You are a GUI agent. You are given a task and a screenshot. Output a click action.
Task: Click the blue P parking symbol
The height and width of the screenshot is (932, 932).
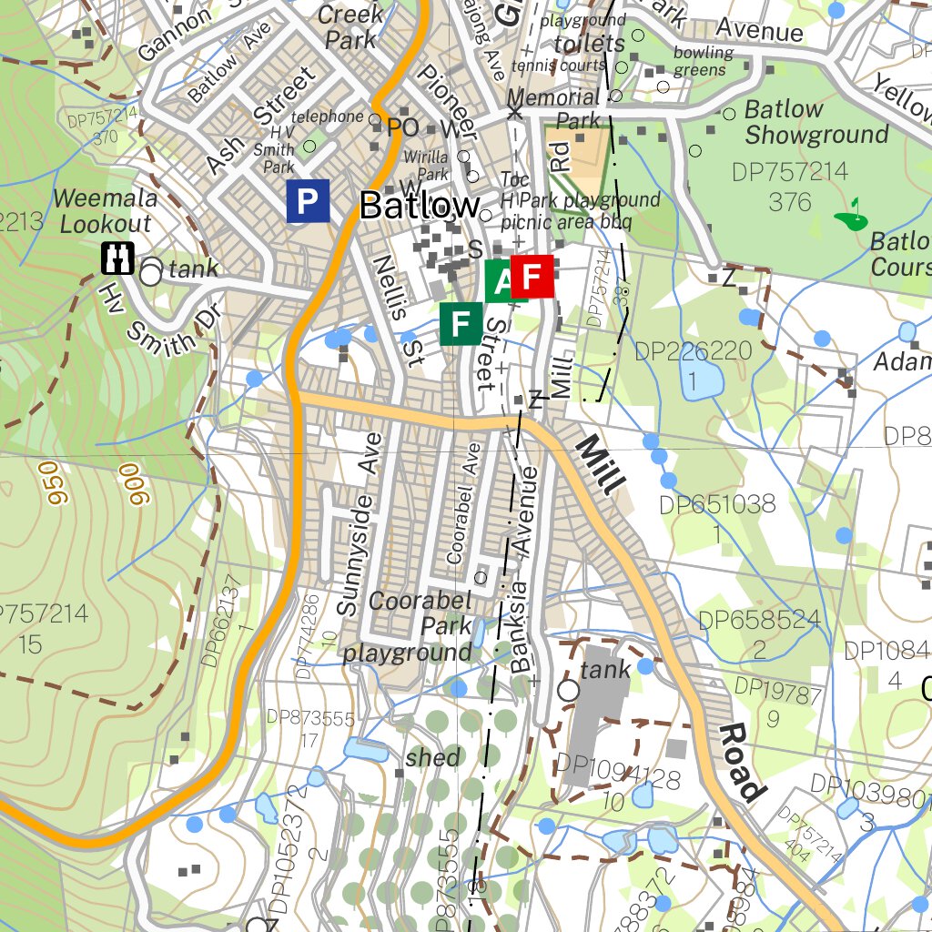[x=308, y=201]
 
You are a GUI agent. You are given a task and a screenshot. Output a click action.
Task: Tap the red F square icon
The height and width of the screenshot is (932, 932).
[x=532, y=276]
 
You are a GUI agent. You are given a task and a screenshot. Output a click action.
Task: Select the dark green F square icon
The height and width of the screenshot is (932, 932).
[x=461, y=323]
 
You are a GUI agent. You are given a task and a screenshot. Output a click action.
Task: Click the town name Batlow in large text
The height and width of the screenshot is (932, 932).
[x=419, y=206]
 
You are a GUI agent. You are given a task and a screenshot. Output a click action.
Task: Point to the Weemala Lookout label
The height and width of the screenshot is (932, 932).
[x=105, y=210]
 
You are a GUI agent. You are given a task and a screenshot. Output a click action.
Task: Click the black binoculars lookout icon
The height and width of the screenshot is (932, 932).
[x=118, y=258]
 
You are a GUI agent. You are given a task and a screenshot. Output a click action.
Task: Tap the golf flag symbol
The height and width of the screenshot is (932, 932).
[x=852, y=215]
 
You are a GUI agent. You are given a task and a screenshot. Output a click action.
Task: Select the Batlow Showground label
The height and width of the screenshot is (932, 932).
[x=815, y=123]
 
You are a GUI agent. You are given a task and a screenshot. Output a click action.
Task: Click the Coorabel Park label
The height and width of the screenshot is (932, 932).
[x=420, y=613]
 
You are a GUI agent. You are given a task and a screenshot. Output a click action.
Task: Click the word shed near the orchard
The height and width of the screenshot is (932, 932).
[x=433, y=757]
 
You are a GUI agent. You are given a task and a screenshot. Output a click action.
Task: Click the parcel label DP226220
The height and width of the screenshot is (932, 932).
[x=693, y=350]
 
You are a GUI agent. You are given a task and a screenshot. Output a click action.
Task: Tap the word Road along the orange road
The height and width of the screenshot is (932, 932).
[x=741, y=764]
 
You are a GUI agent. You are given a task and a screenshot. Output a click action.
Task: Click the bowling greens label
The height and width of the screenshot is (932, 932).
[x=703, y=61]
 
